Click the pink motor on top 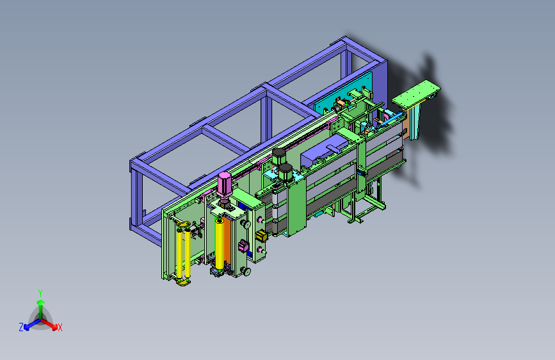click(225, 184)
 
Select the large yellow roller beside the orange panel click(220, 244)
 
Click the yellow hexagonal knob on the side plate click(261, 236)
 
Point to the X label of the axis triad click(60, 327)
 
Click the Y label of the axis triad click(40, 293)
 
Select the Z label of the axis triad click(21, 327)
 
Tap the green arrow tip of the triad click(41, 303)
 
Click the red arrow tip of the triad click(54, 326)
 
